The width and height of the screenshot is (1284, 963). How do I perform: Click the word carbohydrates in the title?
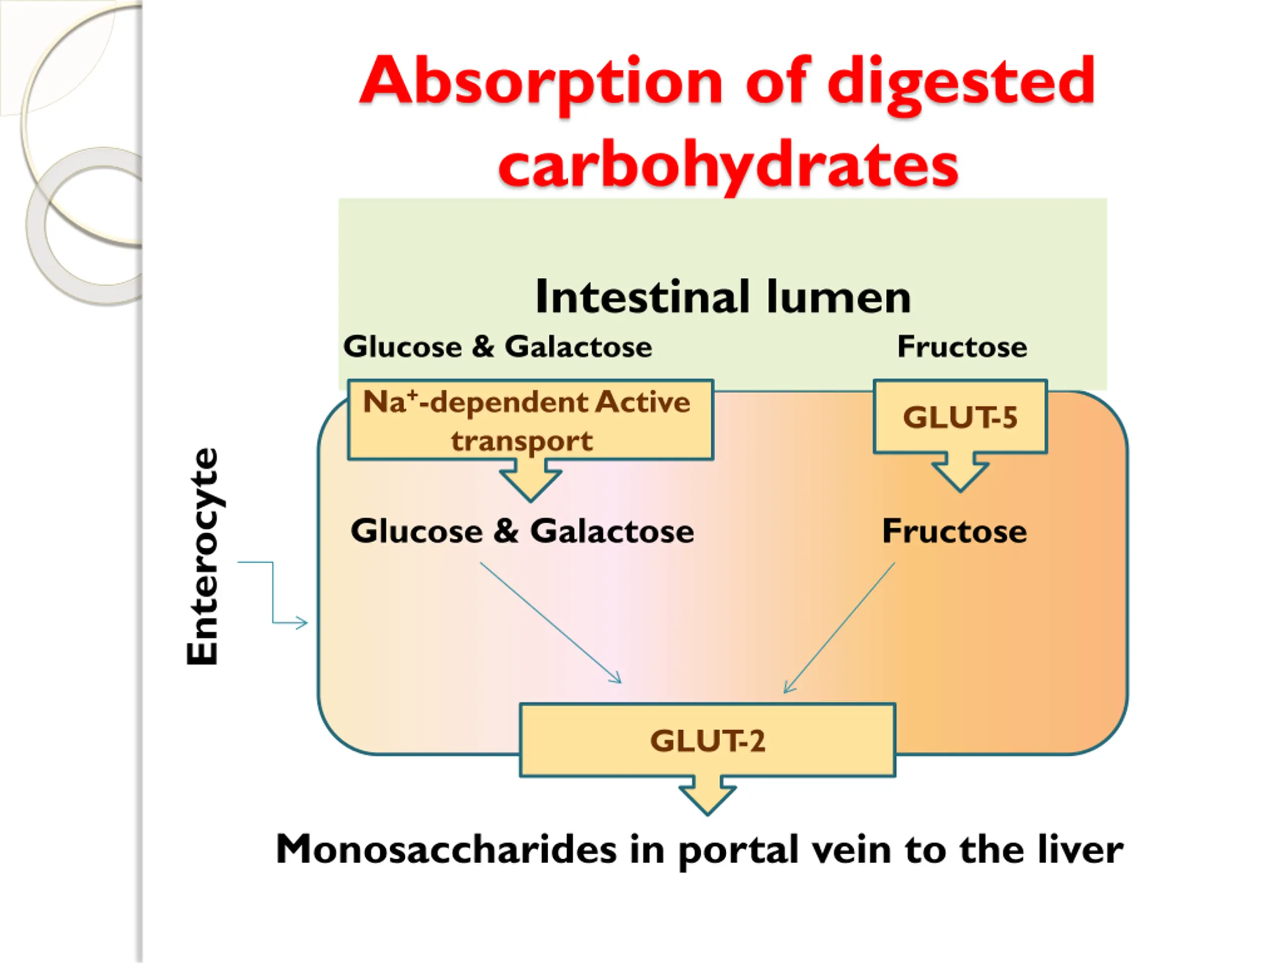click(x=728, y=167)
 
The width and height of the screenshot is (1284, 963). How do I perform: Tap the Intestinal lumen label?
click(x=723, y=297)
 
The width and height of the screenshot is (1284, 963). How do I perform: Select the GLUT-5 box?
click(x=960, y=416)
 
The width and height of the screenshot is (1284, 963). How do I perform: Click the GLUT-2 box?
click(x=708, y=740)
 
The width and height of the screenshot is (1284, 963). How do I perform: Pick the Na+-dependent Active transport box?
click(x=531, y=420)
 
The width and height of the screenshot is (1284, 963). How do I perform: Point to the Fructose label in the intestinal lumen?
click(x=962, y=347)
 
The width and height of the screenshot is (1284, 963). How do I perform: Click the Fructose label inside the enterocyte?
click(x=954, y=531)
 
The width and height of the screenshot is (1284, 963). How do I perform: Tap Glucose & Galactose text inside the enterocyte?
click(x=522, y=531)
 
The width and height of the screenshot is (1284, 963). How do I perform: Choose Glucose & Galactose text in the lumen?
click(x=498, y=347)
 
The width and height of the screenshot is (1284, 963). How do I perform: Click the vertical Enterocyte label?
click(x=203, y=556)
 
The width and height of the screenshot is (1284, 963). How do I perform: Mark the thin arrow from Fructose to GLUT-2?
click(x=839, y=627)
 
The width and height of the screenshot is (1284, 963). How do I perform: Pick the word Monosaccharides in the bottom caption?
click(x=446, y=850)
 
